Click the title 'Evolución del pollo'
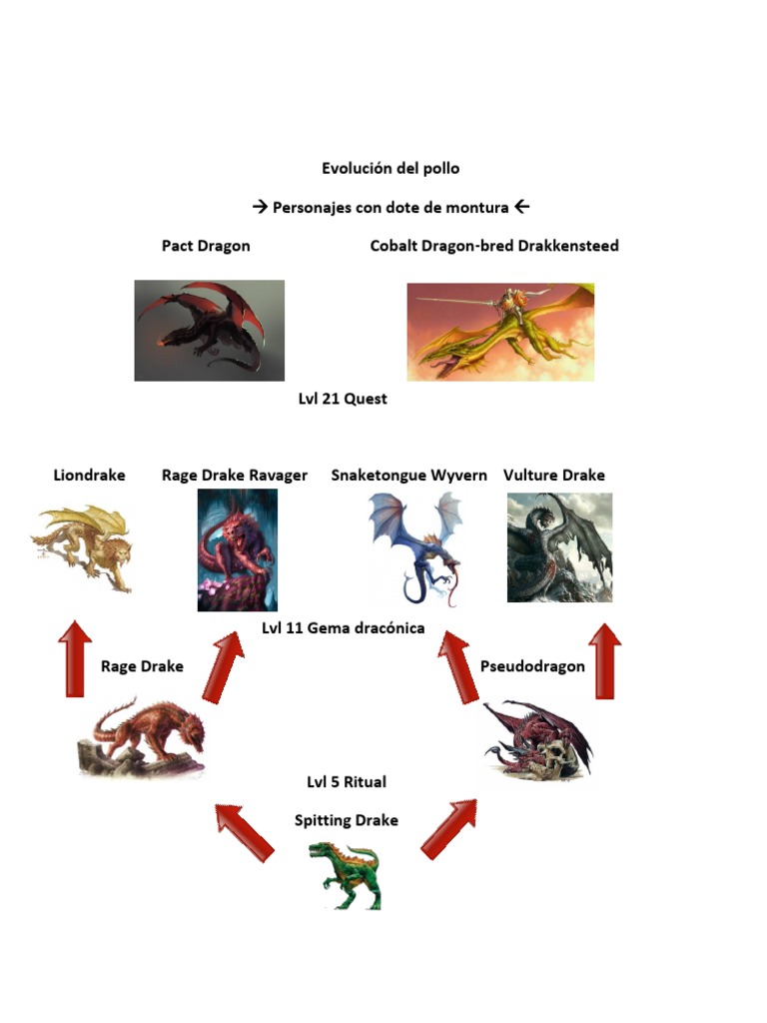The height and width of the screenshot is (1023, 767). [390, 168]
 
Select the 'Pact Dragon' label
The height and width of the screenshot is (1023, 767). [206, 246]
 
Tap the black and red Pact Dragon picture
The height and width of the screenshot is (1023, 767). [209, 330]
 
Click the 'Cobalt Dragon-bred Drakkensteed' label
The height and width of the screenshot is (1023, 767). [494, 246]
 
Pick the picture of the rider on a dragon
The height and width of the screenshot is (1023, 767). [500, 332]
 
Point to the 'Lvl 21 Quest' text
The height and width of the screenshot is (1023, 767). [343, 399]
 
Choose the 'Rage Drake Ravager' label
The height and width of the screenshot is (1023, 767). [235, 476]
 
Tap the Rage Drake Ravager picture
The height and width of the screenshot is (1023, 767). [237, 550]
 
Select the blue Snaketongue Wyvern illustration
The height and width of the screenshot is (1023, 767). [415, 547]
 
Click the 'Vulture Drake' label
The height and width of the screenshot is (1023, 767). [554, 476]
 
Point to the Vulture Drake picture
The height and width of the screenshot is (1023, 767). [559, 547]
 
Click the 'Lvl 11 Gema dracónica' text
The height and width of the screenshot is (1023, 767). [344, 628]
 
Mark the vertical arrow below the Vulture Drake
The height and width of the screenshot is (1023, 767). [604, 659]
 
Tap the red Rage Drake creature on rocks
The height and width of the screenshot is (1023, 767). [143, 738]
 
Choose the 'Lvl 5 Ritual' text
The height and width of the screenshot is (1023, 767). [347, 781]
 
